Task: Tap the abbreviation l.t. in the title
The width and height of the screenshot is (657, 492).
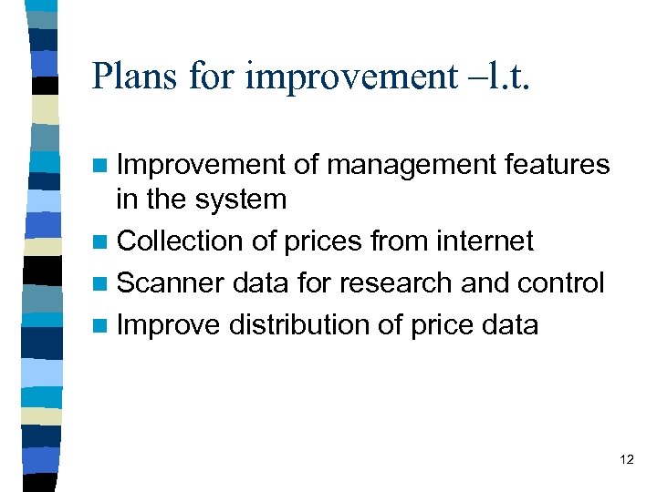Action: coord(505,76)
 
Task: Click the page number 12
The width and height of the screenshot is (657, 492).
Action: coord(626,459)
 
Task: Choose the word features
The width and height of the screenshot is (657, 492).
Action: coord(556,165)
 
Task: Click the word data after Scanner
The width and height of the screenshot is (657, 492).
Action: coord(262,282)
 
